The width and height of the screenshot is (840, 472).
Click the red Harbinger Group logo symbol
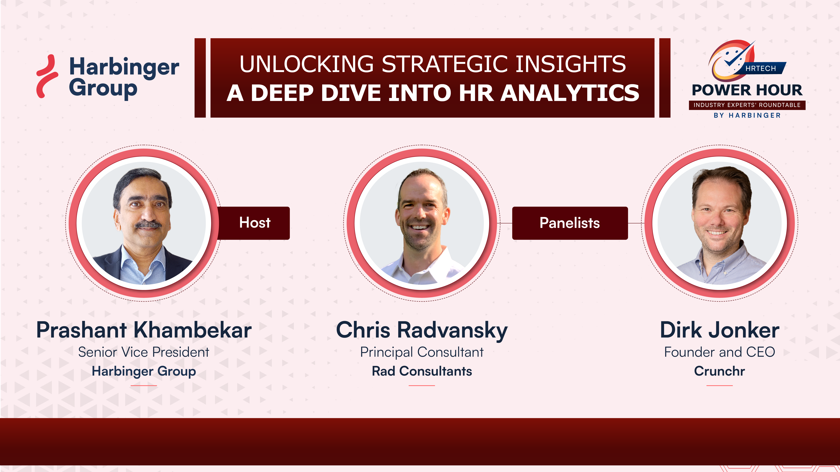[47, 76]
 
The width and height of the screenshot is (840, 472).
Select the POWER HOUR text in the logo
[747, 90]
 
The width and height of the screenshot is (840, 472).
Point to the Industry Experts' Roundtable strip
[747, 105]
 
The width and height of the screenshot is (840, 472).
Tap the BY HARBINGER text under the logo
[747, 115]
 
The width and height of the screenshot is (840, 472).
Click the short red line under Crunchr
[719, 385]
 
